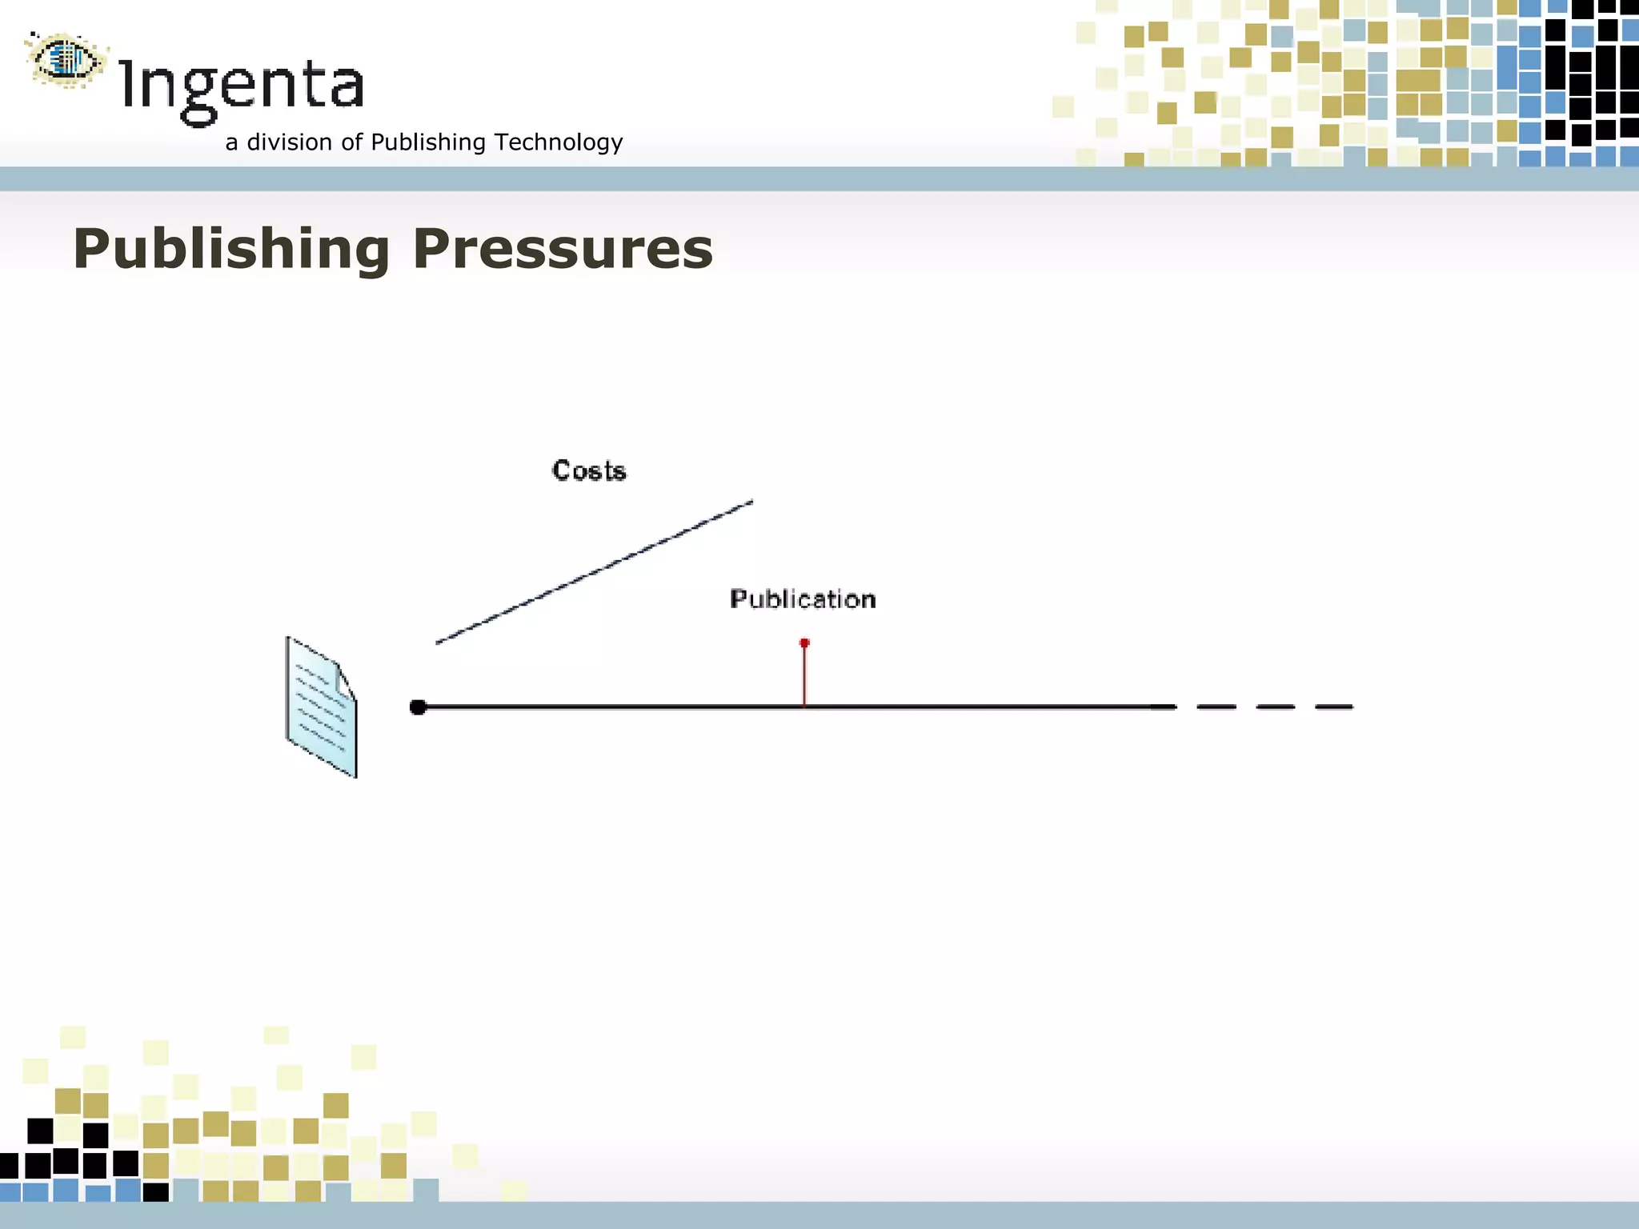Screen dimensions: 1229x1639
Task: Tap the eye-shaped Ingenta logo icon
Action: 66,59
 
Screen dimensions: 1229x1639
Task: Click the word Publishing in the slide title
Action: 231,249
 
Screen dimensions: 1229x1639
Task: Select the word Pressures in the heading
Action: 563,249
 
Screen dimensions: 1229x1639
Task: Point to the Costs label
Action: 589,470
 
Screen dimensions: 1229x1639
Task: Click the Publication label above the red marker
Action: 803,599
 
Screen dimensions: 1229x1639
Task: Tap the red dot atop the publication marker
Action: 804,643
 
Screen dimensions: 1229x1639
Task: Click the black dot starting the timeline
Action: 418,707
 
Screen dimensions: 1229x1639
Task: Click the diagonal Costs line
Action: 594,572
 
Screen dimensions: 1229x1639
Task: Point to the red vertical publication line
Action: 804,676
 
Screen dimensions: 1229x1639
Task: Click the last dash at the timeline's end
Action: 1334,707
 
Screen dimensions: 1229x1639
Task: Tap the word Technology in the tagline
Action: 559,142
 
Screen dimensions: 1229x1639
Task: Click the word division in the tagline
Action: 289,142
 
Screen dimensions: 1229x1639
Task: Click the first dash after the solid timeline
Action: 1216,707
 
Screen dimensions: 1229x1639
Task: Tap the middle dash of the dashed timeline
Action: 1276,707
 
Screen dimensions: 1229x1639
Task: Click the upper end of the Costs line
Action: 751,502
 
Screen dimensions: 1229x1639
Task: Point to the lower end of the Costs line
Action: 439,642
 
